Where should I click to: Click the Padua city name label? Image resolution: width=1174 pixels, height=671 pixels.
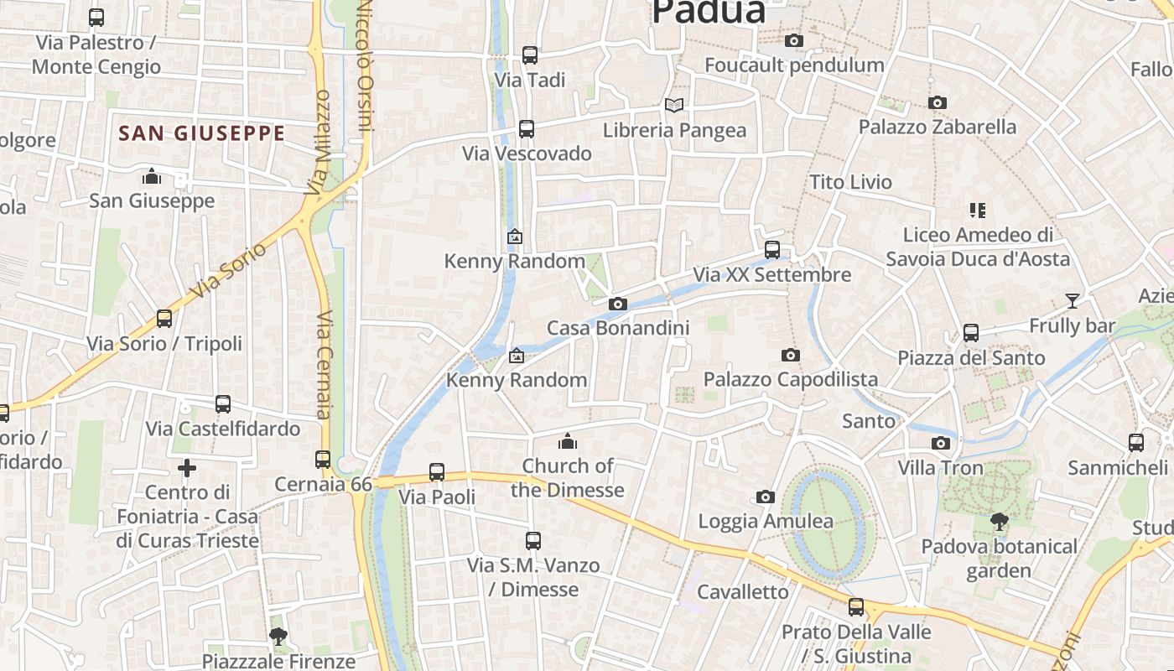709,12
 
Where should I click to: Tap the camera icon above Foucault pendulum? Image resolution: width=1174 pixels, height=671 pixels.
793,40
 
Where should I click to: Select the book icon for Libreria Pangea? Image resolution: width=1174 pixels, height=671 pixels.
674,105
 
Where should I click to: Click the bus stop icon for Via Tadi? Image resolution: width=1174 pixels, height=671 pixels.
529,55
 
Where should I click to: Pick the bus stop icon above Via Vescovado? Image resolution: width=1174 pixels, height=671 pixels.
526,129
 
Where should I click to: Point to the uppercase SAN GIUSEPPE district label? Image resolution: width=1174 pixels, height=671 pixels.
201,133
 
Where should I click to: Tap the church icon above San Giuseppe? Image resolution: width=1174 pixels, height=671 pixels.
152,176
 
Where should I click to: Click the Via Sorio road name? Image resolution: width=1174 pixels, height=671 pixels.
227,271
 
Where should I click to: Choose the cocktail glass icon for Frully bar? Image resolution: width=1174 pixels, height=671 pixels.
1072,300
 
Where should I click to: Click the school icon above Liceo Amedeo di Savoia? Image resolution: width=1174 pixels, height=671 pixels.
977,210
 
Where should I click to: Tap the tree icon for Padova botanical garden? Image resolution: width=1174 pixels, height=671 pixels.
998,522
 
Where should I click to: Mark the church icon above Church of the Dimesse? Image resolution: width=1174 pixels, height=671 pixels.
568,441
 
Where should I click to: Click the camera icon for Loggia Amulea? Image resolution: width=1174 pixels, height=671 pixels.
765,497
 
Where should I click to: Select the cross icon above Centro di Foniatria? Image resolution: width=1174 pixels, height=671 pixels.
187,468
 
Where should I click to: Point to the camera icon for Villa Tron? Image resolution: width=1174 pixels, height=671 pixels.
940,443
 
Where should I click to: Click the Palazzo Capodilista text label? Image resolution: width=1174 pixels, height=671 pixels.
790,379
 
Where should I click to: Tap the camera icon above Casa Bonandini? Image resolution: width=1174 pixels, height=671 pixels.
618,304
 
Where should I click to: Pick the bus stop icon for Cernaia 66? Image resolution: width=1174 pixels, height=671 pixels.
323,460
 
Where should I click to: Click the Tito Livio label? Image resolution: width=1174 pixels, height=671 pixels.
850,182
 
